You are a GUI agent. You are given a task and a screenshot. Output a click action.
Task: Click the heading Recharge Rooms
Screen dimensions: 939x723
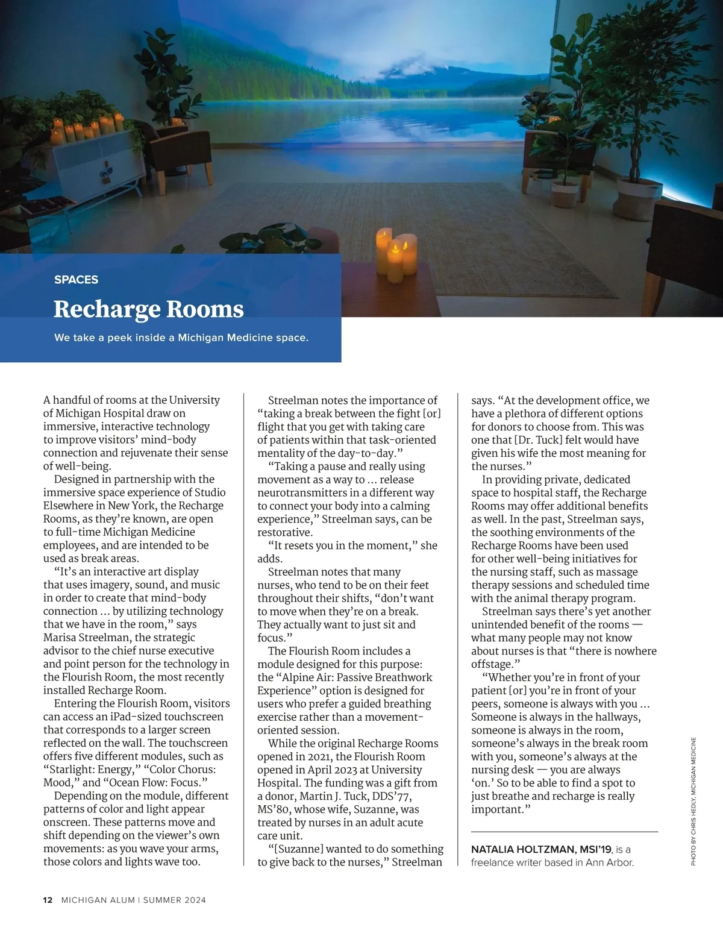(148, 309)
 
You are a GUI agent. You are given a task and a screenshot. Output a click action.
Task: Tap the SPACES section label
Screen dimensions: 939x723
(76, 280)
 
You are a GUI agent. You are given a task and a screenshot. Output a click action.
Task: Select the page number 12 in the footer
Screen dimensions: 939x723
(48, 900)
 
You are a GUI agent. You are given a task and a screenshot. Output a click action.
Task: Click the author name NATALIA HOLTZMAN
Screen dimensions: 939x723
(522, 849)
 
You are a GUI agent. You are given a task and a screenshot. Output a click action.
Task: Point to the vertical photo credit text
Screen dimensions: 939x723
(693, 802)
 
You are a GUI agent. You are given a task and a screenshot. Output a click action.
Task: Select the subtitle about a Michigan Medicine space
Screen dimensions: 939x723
(181, 338)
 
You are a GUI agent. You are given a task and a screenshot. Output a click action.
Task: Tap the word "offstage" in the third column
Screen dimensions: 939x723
(491, 664)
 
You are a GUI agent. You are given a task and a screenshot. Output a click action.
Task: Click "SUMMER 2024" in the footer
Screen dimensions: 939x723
(174, 900)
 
